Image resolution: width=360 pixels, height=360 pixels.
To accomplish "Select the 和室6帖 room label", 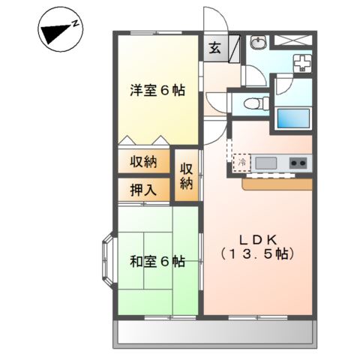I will point(157,262).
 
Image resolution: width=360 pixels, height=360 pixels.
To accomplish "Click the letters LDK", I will point(259,239).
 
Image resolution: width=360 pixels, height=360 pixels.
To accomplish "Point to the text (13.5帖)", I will point(259,254).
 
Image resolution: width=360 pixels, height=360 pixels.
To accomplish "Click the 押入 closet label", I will point(142,189).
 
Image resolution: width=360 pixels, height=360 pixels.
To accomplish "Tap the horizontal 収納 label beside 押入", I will point(142,162).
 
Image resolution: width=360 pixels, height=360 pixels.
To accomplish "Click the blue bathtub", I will point(293,118).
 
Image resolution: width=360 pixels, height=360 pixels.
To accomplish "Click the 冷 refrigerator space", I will point(242,162).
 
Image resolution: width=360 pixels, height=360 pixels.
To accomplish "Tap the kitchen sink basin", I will point(265,163).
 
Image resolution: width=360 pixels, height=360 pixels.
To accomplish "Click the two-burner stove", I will point(298,162).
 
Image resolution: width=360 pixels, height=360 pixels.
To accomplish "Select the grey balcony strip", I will point(214,333).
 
